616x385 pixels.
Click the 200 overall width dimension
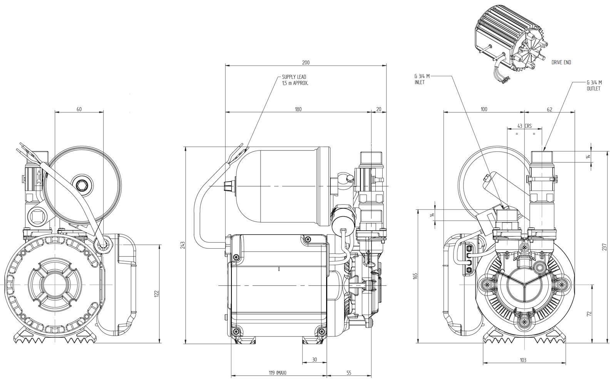pos(306,63)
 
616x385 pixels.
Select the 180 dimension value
pos(298,109)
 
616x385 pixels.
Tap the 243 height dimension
pos(182,245)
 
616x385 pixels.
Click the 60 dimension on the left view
pos(79,109)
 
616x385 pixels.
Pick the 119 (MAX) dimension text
pos(278,373)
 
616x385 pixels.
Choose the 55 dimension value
pos(349,373)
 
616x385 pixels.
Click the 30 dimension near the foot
pos(315,360)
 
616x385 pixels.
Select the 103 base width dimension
pos(523,360)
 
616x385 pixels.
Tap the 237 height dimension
pos(604,247)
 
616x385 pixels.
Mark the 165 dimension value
pos(415,276)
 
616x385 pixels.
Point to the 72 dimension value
pos(589,314)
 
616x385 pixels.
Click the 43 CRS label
pos(524,126)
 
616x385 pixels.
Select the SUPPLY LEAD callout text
pos(295,80)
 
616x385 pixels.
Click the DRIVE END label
pos(561,62)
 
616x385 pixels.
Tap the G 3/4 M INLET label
pos(422,79)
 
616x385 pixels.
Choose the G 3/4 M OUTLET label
pos(594,85)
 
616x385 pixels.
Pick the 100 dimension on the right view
pos(484,109)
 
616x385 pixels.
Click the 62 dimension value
pos(549,109)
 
